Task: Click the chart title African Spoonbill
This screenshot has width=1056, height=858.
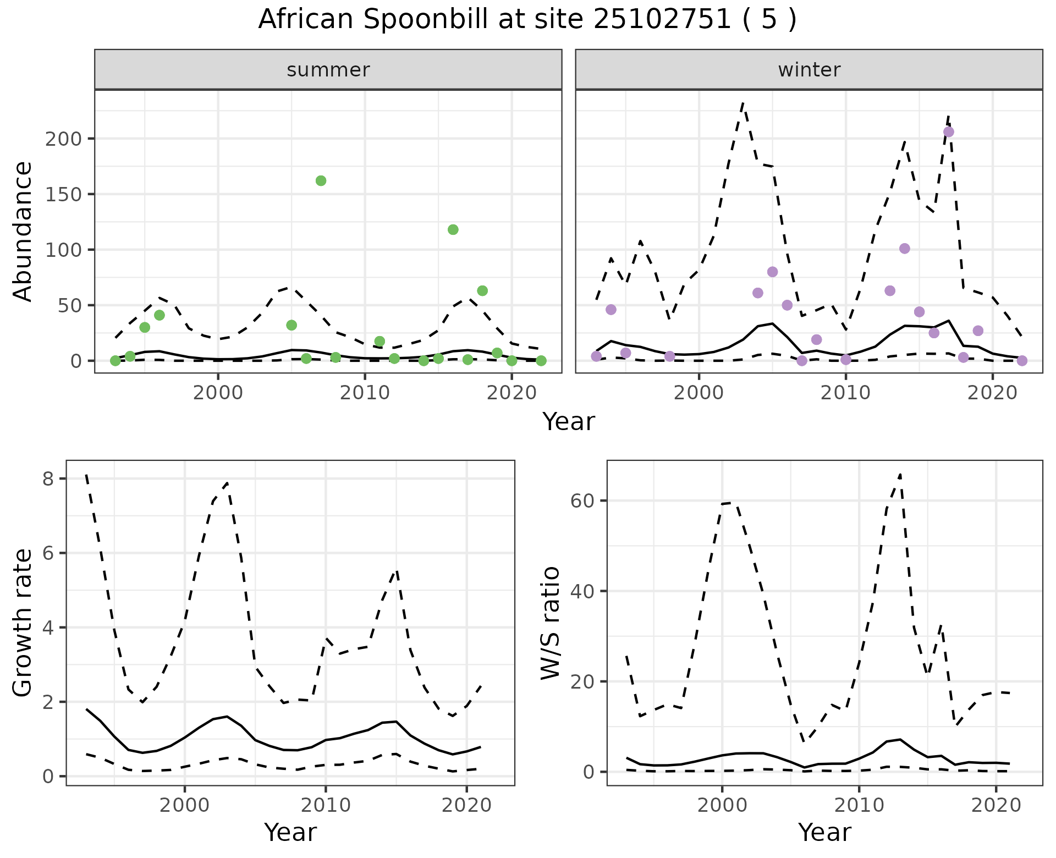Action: [527, 20]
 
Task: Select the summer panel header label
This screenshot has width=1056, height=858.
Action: [328, 70]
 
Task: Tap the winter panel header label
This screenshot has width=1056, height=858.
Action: [809, 70]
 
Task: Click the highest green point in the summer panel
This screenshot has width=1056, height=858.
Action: [321, 181]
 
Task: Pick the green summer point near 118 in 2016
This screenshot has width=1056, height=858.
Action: [453, 229]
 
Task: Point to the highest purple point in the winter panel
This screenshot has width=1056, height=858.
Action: [949, 132]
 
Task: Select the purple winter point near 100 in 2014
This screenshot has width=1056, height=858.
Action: [905, 249]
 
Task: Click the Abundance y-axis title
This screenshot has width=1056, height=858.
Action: [23, 231]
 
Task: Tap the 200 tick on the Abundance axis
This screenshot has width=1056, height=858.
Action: [63, 139]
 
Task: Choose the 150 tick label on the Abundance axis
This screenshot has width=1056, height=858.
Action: [63, 195]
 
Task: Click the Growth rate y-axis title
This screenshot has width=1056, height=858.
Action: [23, 623]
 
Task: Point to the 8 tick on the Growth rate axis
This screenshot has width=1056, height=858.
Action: [48, 479]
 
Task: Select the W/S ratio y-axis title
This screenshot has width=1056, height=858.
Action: [551, 623]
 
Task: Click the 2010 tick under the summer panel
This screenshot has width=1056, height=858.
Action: [365, 393]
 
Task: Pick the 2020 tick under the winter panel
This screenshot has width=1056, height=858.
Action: [992, 393]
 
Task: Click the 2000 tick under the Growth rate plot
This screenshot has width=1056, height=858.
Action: [185, 806]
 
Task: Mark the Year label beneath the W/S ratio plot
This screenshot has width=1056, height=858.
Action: [824, 832]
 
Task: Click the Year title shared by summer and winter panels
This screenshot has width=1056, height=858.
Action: [569, 422]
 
